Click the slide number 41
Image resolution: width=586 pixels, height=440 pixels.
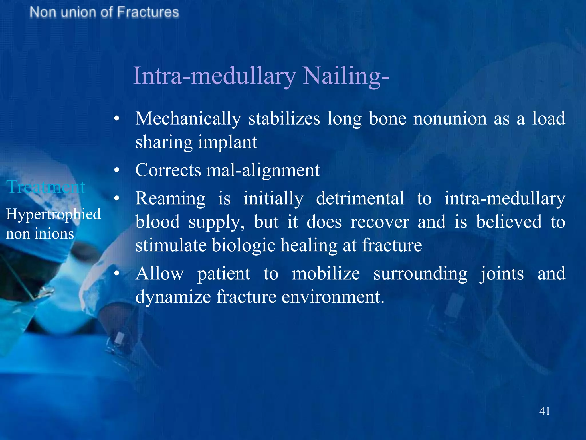tap(544, 411)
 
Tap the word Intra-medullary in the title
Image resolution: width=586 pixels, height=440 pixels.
tap(215, 76)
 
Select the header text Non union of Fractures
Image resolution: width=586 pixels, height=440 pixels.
tap(104, 13)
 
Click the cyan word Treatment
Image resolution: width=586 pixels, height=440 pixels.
tap(46, 187)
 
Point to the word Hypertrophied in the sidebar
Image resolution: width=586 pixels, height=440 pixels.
tap(53, 214)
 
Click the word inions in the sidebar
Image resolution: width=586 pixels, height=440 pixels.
tap(54, 234)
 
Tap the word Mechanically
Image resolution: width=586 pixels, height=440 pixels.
tap(188, 119)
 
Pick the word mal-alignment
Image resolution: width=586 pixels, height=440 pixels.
tap(263, 170)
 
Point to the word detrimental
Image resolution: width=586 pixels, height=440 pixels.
tap(360, 198)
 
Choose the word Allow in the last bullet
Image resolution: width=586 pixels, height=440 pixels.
tap(160, 274)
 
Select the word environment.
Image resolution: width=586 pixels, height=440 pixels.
tap(333, 297)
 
